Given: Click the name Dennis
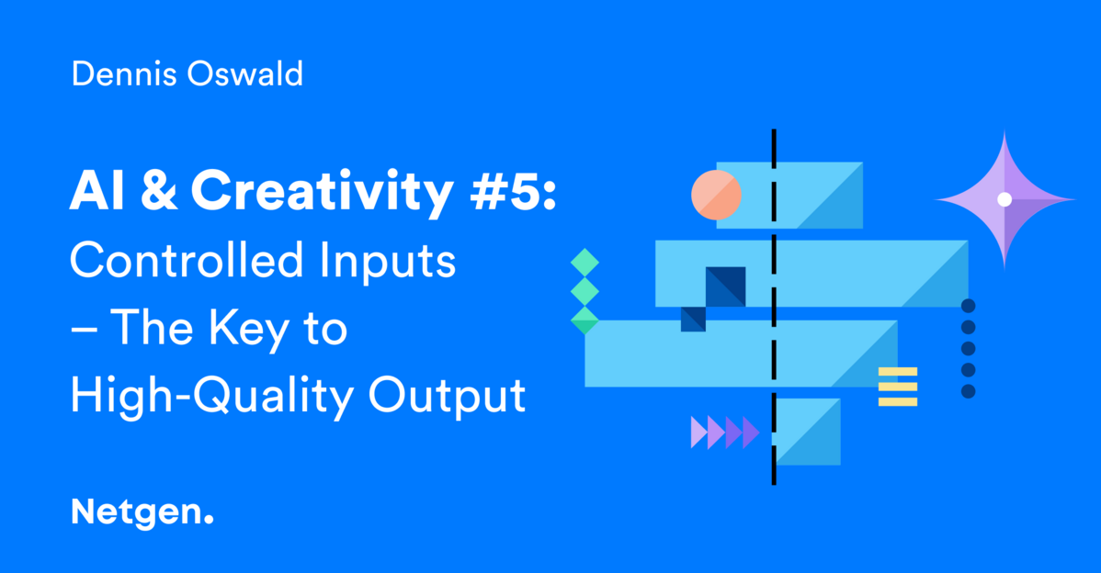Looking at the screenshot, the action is [x=123, y=73].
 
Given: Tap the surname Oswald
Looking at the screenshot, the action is [x=245, y=73].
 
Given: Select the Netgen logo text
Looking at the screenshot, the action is [x=142, y=513].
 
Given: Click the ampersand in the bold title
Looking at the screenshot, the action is [x=159, y=191].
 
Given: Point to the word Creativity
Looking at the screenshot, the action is [x=323, y=192].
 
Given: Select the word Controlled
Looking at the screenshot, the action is [x=186, y=260].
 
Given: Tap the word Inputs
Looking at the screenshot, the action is [x=388, y=263].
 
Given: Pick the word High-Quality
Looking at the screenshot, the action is [x=211, y=398].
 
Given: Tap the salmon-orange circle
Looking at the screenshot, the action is [x=716, y=196].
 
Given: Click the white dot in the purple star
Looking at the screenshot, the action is [x=1005, y=199].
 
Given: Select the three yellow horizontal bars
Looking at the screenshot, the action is [x=898, y=387].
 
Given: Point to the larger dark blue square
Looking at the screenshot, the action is [x=726, y=286].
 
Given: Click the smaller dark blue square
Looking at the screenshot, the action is [x=693, y=320].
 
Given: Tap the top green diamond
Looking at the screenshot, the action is [x=585, y=263].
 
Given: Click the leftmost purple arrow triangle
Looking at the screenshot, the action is [x=699, y=432].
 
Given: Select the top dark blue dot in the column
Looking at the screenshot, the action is [x=969, y=306].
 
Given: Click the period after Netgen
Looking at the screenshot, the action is [x=208, y=520].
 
